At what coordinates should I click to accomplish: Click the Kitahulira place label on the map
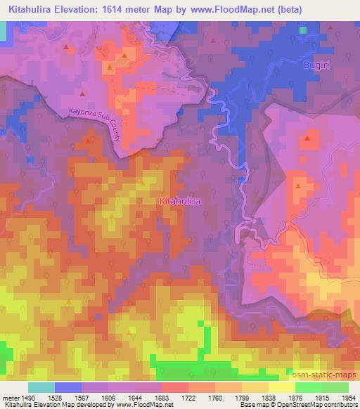(x=181, y=201)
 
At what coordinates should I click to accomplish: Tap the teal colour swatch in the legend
(x=41, y=387)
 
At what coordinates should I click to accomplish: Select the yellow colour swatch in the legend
(x=281, y=387)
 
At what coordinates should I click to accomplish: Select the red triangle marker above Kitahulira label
(x=143, y=183)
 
